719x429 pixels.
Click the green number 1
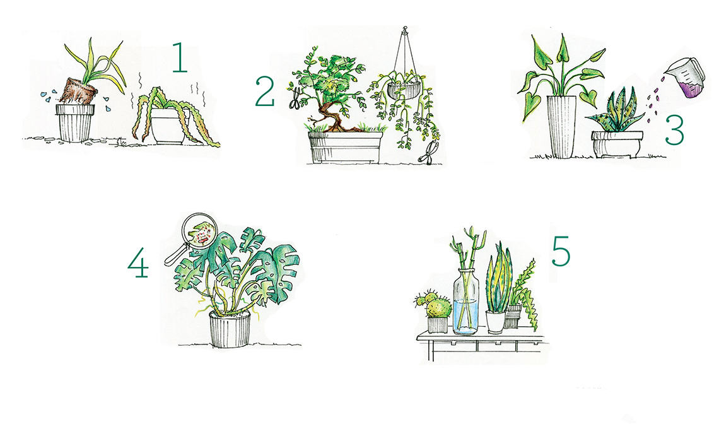(x=180, y=58)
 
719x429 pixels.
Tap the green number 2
(x=265, y=91)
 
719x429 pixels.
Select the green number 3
(x=674, y=130)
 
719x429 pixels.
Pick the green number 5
(x=561, y=251)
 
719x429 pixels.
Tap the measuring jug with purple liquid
(x=685, y=78)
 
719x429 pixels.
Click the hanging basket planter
(x=404, y=90)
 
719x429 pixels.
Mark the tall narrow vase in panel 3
(x=561, y=127)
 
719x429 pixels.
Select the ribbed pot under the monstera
(x=230, y=329)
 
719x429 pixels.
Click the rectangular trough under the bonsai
(x=345, y=147)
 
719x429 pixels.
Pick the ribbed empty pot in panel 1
(x=75, y=122)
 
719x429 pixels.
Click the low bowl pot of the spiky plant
(x=617, y=144)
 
